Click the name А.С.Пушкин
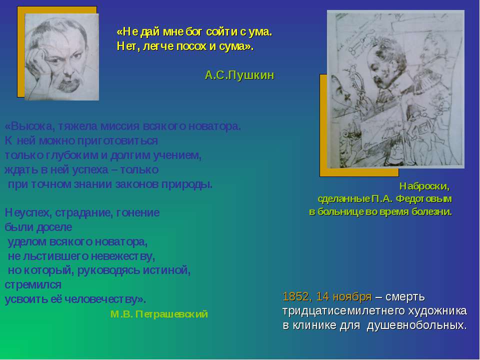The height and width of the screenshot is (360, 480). pyautogui.click(x=239, y=75)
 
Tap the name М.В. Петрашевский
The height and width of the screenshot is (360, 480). pyautogui.click(x=159, y=314)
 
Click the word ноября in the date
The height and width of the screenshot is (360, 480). pyautogui.click(x=352, y=297)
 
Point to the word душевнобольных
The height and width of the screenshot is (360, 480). pyautogui.click(x=417, y=325)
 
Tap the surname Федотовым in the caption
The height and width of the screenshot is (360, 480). pyautogui.click(x=424, y=199)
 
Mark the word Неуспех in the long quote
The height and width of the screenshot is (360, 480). pyautogui.click(x=28, y=213)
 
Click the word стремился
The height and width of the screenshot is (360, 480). pyautogui.click(x=33, y=285)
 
